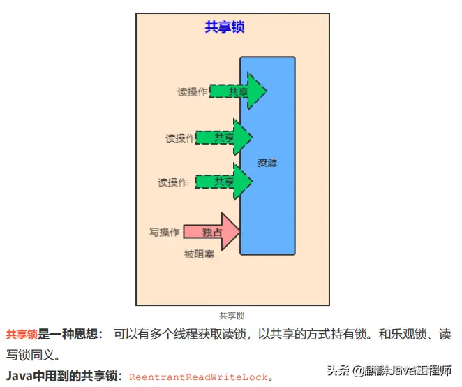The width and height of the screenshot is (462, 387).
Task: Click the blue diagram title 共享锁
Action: point(224,28)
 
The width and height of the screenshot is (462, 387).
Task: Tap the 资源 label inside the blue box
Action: point(267,163)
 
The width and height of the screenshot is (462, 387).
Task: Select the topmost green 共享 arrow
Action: point(238,92)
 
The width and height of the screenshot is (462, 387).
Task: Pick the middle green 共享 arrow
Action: point(224,138)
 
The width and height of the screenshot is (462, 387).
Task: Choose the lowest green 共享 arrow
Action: point(224,182)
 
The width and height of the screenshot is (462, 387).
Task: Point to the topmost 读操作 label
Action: point(192,92)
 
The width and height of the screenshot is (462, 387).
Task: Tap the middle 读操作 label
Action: point(180,138)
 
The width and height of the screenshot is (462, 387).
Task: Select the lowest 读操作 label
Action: point(173,183)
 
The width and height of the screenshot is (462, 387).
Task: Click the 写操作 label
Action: point(165,232)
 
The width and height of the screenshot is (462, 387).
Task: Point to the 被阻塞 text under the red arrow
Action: point(199,254)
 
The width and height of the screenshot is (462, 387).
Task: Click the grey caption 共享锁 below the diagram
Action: point(232,316)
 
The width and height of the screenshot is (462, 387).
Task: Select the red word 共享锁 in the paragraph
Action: point(22,335)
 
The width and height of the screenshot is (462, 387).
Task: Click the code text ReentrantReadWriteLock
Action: point(198,377)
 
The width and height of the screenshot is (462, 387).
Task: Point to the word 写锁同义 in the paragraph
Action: point(29,355)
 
